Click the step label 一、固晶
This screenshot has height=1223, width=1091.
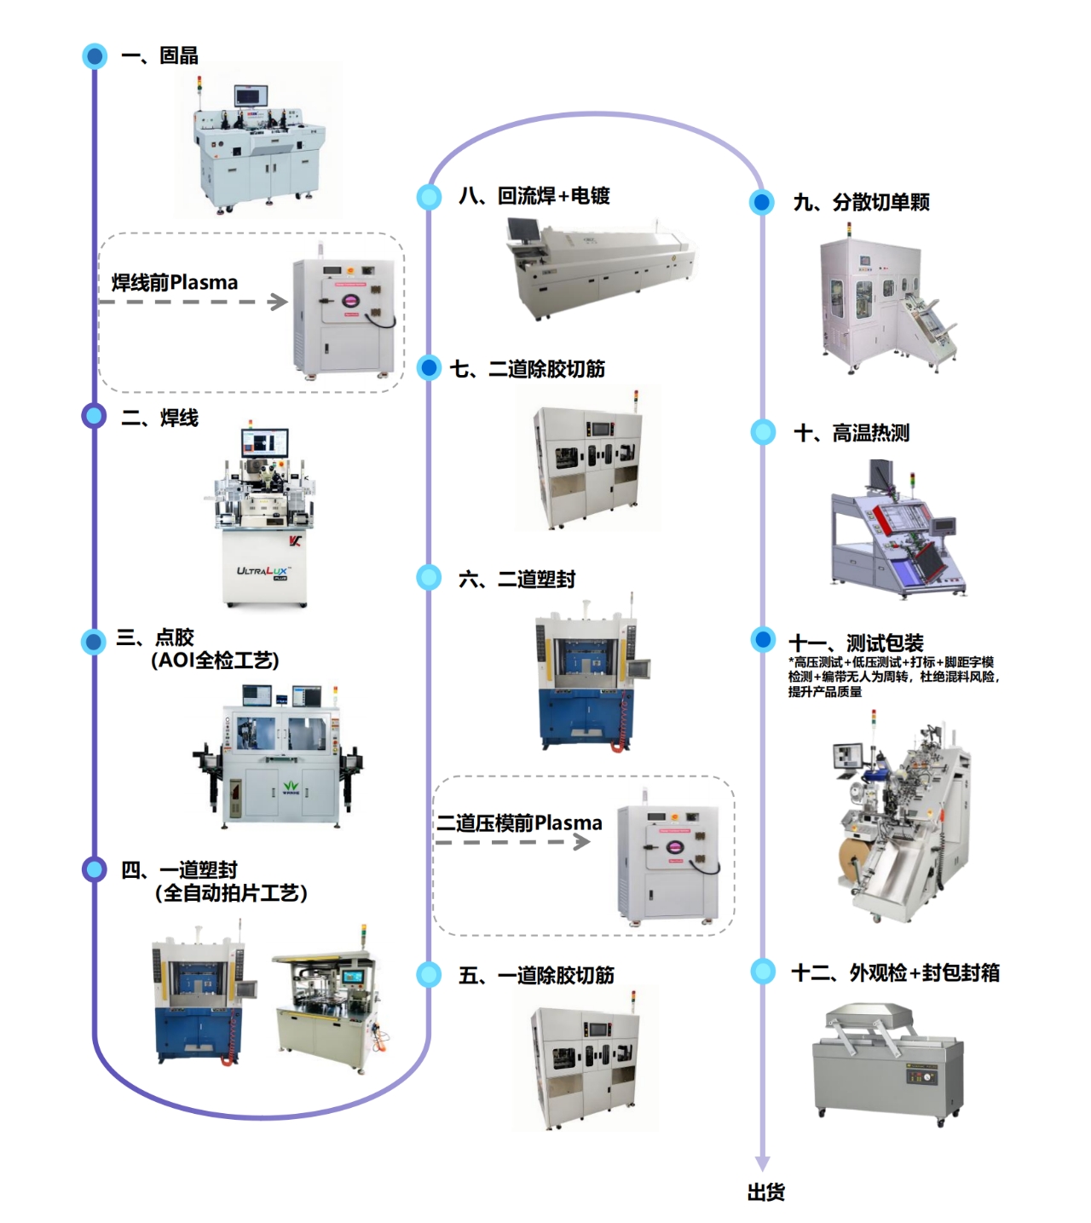(x=159, y=56)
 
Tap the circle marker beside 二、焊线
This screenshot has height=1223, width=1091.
(x=94, y=416)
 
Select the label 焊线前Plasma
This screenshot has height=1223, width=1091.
(x=175, y=282)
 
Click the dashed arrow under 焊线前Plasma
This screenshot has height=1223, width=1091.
(x=193, y=302)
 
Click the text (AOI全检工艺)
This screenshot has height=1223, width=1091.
(x=215, y=661)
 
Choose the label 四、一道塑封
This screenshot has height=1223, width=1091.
(x=179, y=870)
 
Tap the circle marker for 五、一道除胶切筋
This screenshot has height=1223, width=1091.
(x=429, y=974)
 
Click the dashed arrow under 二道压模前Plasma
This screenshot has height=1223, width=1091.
(x=512, y=842)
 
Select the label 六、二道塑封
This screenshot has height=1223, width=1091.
(x=517, y=580)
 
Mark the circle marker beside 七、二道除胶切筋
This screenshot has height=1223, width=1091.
(x=429, y=368)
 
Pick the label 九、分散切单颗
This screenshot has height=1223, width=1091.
(x=861, y=203)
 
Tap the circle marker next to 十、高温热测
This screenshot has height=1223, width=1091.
(x=763, y=432)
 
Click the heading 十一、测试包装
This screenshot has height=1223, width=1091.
(x=856, y=643)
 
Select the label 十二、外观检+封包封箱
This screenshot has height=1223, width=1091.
(x=896, y=972)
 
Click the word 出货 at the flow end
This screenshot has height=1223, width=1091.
(x=765, y=1192)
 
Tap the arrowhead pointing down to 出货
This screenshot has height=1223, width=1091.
(x=763, y=1163)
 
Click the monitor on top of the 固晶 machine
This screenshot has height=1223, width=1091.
(x=251, y=96)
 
